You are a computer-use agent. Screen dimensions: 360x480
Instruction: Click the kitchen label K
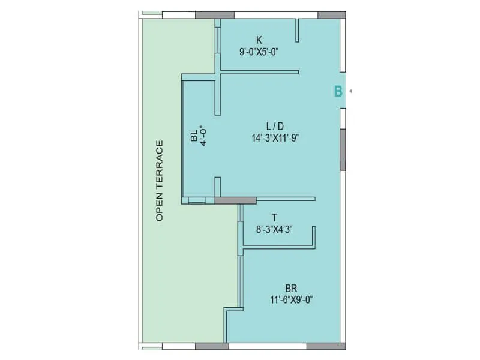(259, 40)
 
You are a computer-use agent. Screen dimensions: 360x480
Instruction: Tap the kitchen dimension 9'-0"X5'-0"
(259, 52)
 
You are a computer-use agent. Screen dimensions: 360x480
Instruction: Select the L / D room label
(275, 125)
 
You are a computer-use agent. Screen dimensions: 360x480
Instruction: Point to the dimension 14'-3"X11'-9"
(275, 137)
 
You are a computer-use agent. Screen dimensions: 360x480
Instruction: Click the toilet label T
(274, 217)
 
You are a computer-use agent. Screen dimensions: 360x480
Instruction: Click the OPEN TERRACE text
(160, 181)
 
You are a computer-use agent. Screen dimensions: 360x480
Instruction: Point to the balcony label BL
(193, 137)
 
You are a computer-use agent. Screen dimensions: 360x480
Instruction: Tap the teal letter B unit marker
(338, 91)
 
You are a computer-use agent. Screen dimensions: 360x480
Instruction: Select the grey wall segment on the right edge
(343, 149)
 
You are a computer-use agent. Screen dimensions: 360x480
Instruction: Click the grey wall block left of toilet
(235, 200)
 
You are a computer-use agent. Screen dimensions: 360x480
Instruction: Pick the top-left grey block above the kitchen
(214, 15)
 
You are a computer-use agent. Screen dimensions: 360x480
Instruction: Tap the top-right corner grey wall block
(331, 15)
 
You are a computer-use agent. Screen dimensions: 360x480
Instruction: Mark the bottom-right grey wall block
(326, 346)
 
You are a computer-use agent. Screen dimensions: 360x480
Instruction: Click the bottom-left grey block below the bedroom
(212, 346)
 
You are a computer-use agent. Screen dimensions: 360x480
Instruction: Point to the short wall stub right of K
(297, 28)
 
